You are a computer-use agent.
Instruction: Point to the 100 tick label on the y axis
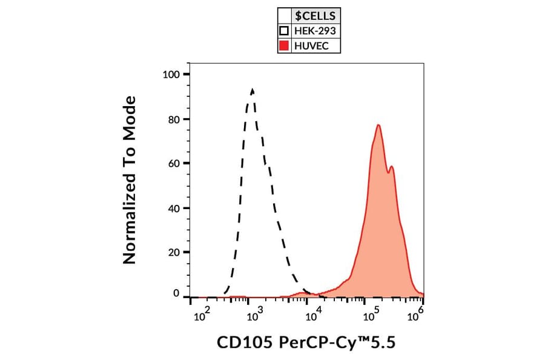[171, 75]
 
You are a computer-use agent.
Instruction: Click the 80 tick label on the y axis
[174, 119]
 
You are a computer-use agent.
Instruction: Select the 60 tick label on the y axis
[174, 164]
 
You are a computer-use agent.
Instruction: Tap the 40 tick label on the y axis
[174, 208]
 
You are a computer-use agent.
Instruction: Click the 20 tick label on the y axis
[174, 253]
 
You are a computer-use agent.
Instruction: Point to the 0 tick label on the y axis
[176, 293]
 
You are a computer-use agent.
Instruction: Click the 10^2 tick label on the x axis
[200, 314]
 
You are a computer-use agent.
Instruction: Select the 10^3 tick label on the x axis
[254, 314]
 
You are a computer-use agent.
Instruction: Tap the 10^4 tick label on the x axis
[312, 314]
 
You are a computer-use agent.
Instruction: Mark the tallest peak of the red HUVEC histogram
[378, 125]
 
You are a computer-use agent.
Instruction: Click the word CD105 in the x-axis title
[239, 343]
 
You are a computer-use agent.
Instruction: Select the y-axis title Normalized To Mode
[129, 180]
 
